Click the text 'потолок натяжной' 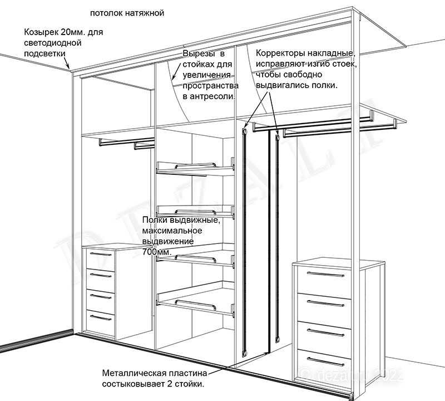pyautogui.click(x=127, y=13)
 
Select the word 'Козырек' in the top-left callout pyautogui.click(x=41, y=32)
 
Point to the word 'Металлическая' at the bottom pyautogui.click(x=133, y=373)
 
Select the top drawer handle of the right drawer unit pyautogui.click(x=325, y=274)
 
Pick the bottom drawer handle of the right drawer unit pyautogui.click(x=325, y=361)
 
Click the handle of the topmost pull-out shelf pyautogui.click(x=196, y=165)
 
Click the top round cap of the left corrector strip pyautogui.click(x=244, y=131)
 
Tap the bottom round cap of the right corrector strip pyautogui.click(x=278, y=339)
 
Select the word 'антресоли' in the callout pyautogui.click(x=212, y=96)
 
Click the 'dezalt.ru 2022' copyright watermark pyautogui.click(x=351, y=375)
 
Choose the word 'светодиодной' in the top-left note pyautogui.click(x=53, y=43)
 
